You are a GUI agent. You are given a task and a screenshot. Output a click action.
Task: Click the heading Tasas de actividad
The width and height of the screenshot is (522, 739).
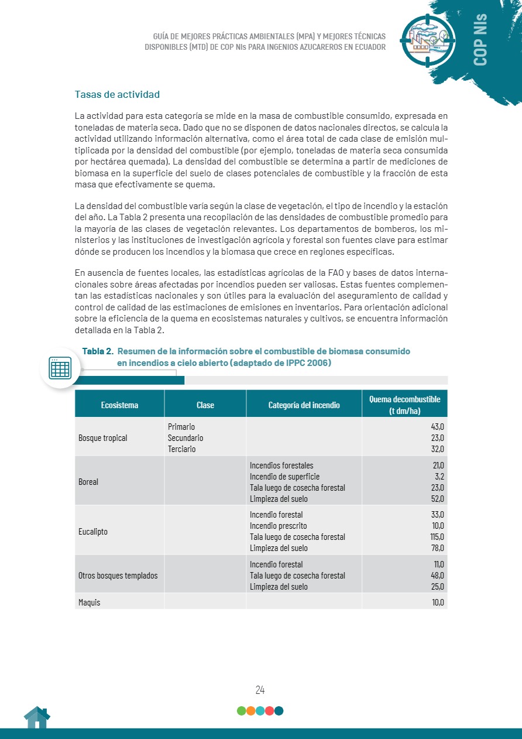[x=117, y=94]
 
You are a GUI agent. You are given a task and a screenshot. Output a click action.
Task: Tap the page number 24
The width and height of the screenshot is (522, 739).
[x=260, y=690]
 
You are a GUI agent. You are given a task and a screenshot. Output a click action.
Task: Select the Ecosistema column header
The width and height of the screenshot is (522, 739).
[x=119, y=405]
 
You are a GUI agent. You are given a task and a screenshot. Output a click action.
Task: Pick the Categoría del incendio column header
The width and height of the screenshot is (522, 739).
[x=304, y=405]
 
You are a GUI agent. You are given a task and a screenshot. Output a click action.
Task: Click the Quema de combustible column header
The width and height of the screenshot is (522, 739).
[x=404, y=405]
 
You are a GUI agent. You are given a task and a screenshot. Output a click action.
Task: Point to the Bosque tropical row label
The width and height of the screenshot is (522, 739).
[x=103, y=438]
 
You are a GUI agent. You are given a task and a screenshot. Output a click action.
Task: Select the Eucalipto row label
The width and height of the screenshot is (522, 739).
[x=93, y=532]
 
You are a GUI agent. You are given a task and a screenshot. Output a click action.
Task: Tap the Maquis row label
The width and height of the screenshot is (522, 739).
[x=90, y=602]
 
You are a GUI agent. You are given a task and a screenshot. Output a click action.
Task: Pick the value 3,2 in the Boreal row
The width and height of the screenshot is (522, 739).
[x=438, y=477]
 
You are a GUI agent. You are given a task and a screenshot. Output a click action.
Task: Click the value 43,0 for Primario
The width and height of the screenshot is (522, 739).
[x=437, y=427]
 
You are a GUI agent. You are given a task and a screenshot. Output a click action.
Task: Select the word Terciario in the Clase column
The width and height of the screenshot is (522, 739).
[x=181, y=449]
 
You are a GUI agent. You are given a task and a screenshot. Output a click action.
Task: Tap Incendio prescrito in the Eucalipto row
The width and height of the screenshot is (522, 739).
[x=278, y=526]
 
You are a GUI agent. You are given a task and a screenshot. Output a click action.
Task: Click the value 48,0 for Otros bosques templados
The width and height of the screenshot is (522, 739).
[x=437, y=576]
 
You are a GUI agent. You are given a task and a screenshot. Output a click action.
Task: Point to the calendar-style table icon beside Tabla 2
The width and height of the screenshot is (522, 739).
[x=60, y=368]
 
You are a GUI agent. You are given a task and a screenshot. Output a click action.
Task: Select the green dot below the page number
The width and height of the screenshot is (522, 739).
[x=241, y=711]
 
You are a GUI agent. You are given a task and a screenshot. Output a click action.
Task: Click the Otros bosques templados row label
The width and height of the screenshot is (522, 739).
[x=118, y=576]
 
